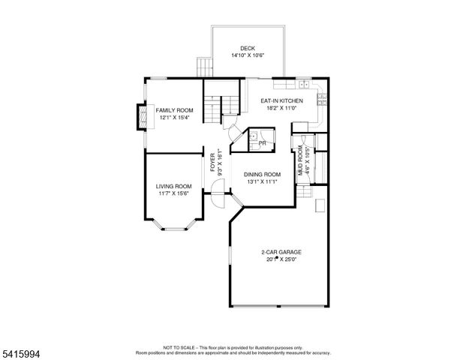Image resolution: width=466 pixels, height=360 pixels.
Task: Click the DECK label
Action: pos(248,48)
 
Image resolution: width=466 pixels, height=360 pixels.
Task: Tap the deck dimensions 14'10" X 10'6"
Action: pos(248,55)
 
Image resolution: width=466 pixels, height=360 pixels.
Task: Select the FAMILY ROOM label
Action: pos(174,110)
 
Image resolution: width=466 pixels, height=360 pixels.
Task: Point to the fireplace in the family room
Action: pos(141,116)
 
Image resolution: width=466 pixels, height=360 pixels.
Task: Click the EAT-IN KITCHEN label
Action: pos(281,100)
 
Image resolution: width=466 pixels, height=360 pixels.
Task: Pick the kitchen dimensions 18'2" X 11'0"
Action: pos(281,107)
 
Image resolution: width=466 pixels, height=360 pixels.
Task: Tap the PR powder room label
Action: pos(262,142)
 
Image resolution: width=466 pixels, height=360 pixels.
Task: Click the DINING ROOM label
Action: pos(262,174)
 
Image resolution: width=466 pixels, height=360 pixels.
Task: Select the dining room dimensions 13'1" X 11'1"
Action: pos(262,181)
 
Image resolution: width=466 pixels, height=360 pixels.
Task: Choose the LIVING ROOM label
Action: pos(173,186)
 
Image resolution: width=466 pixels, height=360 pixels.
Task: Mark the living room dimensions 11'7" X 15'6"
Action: pos(173,193)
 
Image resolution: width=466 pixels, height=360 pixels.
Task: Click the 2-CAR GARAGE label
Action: pos(281,252)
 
